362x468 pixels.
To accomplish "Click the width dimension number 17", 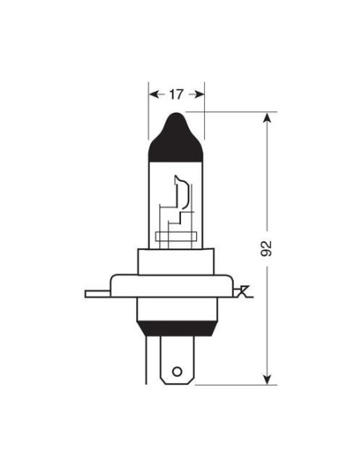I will point(176,94).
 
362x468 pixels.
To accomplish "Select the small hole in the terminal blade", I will point(178,373).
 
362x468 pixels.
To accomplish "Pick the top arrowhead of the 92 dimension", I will point(267,118).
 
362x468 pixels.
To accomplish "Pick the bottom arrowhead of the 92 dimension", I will point(267,379).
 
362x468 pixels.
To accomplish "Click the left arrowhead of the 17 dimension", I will point(153,94).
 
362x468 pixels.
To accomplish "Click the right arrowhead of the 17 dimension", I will point(200,94).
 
